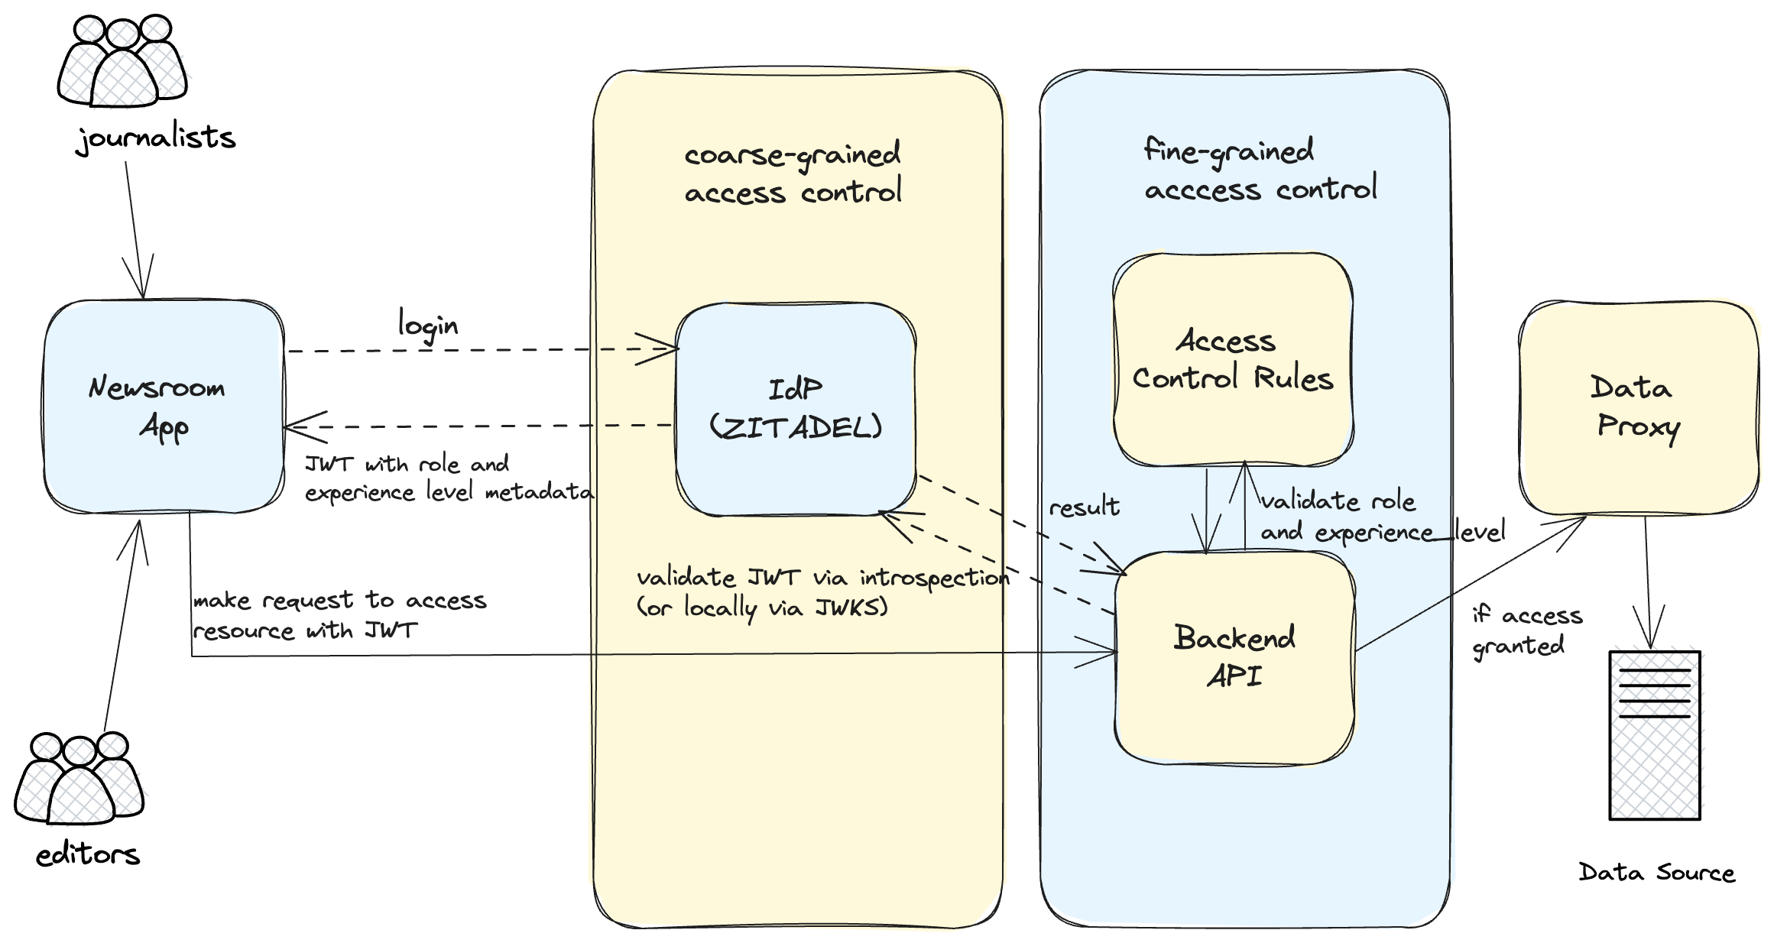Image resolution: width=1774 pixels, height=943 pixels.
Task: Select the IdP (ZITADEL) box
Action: point(795,409)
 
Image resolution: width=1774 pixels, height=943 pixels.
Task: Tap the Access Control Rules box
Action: point(1232,359)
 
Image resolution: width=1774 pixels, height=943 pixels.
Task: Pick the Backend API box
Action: point(1234,657)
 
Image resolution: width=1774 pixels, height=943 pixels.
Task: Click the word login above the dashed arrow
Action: point(428,326)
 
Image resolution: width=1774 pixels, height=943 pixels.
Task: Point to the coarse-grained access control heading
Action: point(793,173)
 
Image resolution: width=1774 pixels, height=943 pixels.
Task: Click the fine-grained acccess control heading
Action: point(1260,170)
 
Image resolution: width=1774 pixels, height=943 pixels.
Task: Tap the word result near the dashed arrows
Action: point(1084,507)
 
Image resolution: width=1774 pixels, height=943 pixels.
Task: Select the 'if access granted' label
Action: point(1526,630)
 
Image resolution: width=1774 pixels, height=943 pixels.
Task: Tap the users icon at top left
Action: point(126,65)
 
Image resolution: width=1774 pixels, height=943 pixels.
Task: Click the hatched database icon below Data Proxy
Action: point(1657,732)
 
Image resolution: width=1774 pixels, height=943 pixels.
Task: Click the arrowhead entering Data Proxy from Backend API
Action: point(1578,522)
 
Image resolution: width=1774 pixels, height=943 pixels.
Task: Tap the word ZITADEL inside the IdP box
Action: point(796,428)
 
